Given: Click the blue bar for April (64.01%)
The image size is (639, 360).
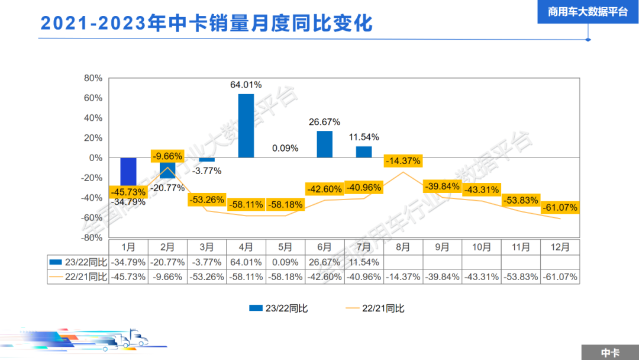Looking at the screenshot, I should pyautogui.click(x=246, y=126).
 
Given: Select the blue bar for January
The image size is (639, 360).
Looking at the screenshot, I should pyautogui.click(x=128, y=172).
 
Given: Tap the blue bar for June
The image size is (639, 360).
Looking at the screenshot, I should pyautogui.click(x=325, y=144).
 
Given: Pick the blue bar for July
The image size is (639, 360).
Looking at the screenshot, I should pyautogui.click(x=364, y=152).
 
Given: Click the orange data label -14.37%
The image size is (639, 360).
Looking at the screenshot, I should pyautogui.click(x=403, y=160).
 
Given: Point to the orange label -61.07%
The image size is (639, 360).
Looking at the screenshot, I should pyautogui.click(x=559, y=208).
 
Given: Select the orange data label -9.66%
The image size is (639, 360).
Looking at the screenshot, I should pyautogui.click(x=167, y=156).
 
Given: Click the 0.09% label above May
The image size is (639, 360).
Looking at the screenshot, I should pyautogui.click(x=285, y=148).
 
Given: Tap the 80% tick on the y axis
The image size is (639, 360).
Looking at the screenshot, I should pyautogui.click(x=93, y=78).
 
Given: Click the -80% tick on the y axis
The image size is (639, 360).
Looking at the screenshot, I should pyautogui.click(x=92, y=237).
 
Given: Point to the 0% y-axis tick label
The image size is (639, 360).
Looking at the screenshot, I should pyautogui.click(x=96, y=158).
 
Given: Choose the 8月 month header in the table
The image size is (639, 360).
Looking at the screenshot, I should pyautogui.click(x=403, y=247).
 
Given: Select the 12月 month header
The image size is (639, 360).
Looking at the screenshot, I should pyautogui.click(x=560, y=247).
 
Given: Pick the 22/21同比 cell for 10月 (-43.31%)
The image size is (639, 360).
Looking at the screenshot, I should pyautogui.click(x=482, y=277).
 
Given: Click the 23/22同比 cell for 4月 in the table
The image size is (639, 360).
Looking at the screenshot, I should pyautogui.click(x=246, y=262).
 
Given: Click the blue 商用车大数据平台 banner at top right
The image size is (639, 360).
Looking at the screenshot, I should pyautogui.click(x=588, y=12).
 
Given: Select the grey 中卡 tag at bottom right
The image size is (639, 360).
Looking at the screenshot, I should pyautogui.click(x=609, y=352).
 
